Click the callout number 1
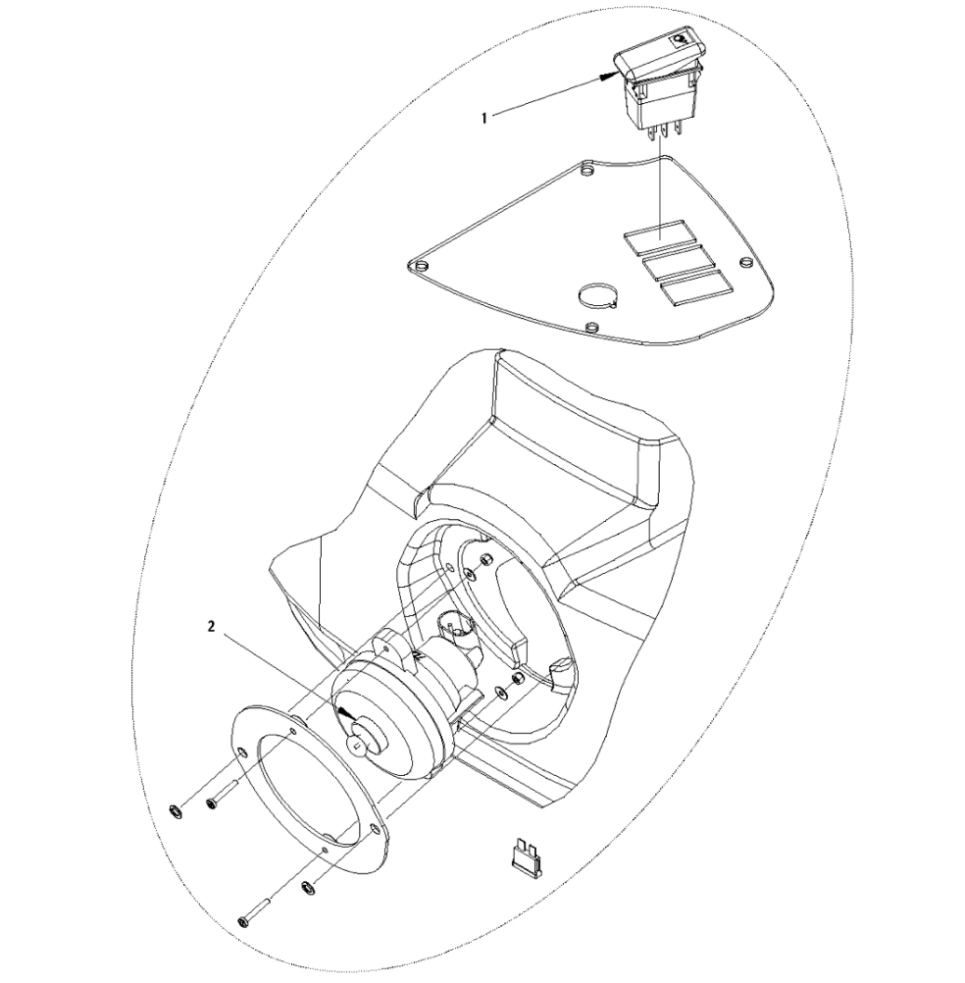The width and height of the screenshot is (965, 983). (x=483, y=118)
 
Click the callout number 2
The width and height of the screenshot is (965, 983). (x=211, y=626)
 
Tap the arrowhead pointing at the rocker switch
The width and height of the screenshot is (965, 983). (x=609, y=76)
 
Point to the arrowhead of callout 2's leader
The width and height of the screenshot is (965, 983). (x=344, y=713)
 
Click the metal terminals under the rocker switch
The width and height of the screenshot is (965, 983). (x=658, y=131)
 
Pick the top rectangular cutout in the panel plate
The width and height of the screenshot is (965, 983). (x=660, y=234)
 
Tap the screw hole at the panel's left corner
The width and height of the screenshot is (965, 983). (x=420, y=267)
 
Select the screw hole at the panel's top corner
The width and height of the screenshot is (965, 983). (x=586, y=171)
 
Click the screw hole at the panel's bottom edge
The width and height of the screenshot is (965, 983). (x=589, y=328)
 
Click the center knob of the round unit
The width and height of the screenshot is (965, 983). (x=366, y=738)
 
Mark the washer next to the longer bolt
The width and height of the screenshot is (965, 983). (x=307, y=888)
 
